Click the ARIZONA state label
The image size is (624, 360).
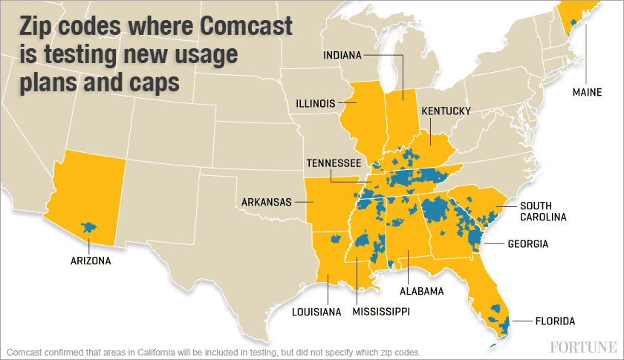coord(91,261)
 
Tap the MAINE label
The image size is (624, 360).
coord(587,93)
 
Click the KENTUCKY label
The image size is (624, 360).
coord(446,111)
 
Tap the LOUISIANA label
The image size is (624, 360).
coord(316,312)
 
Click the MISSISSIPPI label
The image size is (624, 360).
coord(381,311)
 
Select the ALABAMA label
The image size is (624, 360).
coord(421,291)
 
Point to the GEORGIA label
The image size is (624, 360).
coord(528,243)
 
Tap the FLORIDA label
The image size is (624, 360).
coord(554,321)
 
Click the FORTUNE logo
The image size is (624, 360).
coord(584,347)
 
